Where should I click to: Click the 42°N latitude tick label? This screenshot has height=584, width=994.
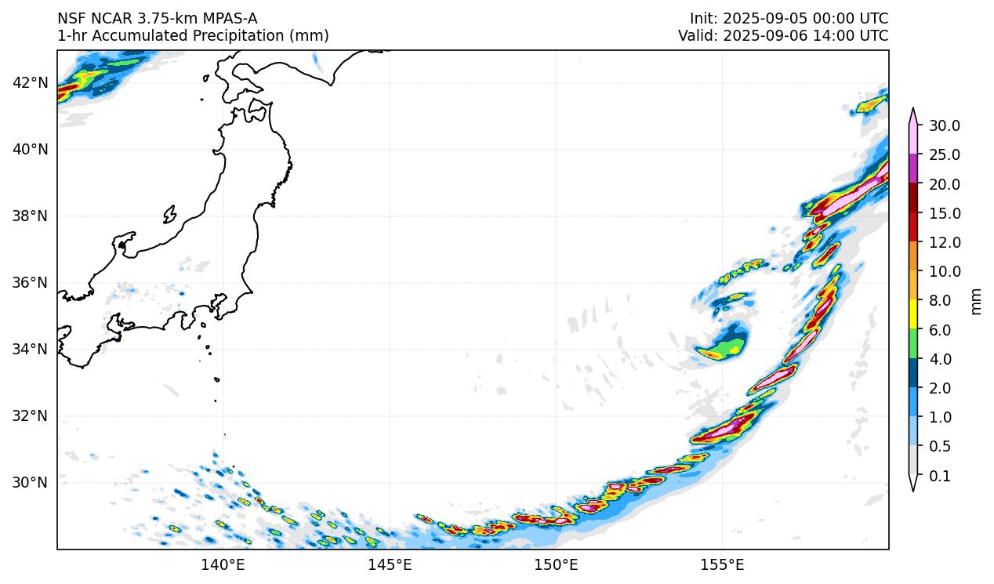(31, 82)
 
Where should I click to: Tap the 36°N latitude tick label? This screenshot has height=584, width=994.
(31, 282)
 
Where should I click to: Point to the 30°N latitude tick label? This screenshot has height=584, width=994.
(31, 482)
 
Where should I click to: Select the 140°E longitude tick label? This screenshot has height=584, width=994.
(223, 564)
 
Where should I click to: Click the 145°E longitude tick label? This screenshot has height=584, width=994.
(390, 564)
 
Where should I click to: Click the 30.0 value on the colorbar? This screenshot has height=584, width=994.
(945, 125)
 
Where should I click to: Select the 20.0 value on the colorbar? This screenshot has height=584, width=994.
(945, 184)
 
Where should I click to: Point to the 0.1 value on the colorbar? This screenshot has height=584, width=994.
(940, 476)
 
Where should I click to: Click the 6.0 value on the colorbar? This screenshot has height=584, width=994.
(940, 330)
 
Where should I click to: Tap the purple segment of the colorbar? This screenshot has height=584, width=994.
(913, 169)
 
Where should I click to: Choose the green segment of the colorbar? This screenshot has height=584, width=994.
(913, 344)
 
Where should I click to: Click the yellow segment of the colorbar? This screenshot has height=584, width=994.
(913, 315)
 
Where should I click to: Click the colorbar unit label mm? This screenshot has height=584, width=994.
(976, 300)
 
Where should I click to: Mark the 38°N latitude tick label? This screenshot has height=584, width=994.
(31, 216)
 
